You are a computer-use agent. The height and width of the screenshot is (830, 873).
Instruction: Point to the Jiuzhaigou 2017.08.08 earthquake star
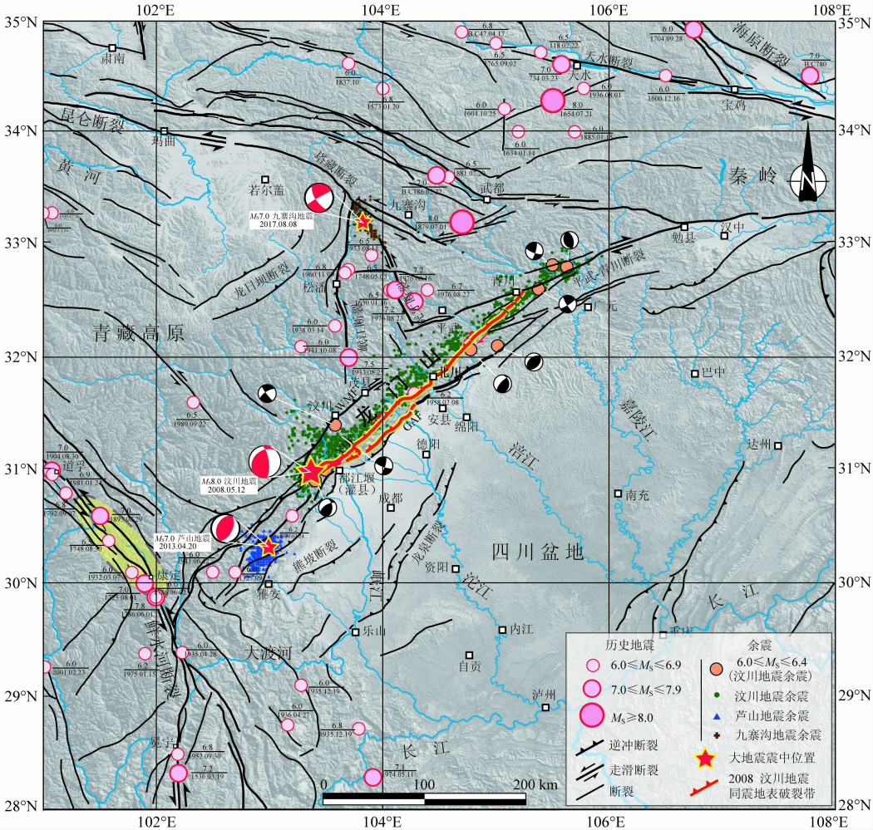tap(363, 222)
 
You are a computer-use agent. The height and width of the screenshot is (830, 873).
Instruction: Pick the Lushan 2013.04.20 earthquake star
tap(268, 546)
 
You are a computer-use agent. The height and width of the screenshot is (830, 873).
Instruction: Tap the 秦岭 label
tap(752, 175)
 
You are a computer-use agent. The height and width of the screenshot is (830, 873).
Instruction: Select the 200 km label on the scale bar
tap(536, 785)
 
